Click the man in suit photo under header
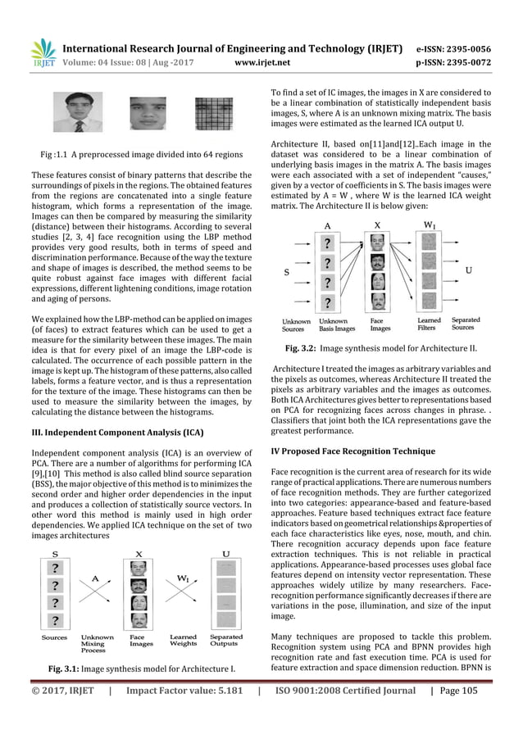[73, 112]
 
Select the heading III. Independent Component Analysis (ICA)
[111, 433]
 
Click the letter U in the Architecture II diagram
[468, 269]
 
